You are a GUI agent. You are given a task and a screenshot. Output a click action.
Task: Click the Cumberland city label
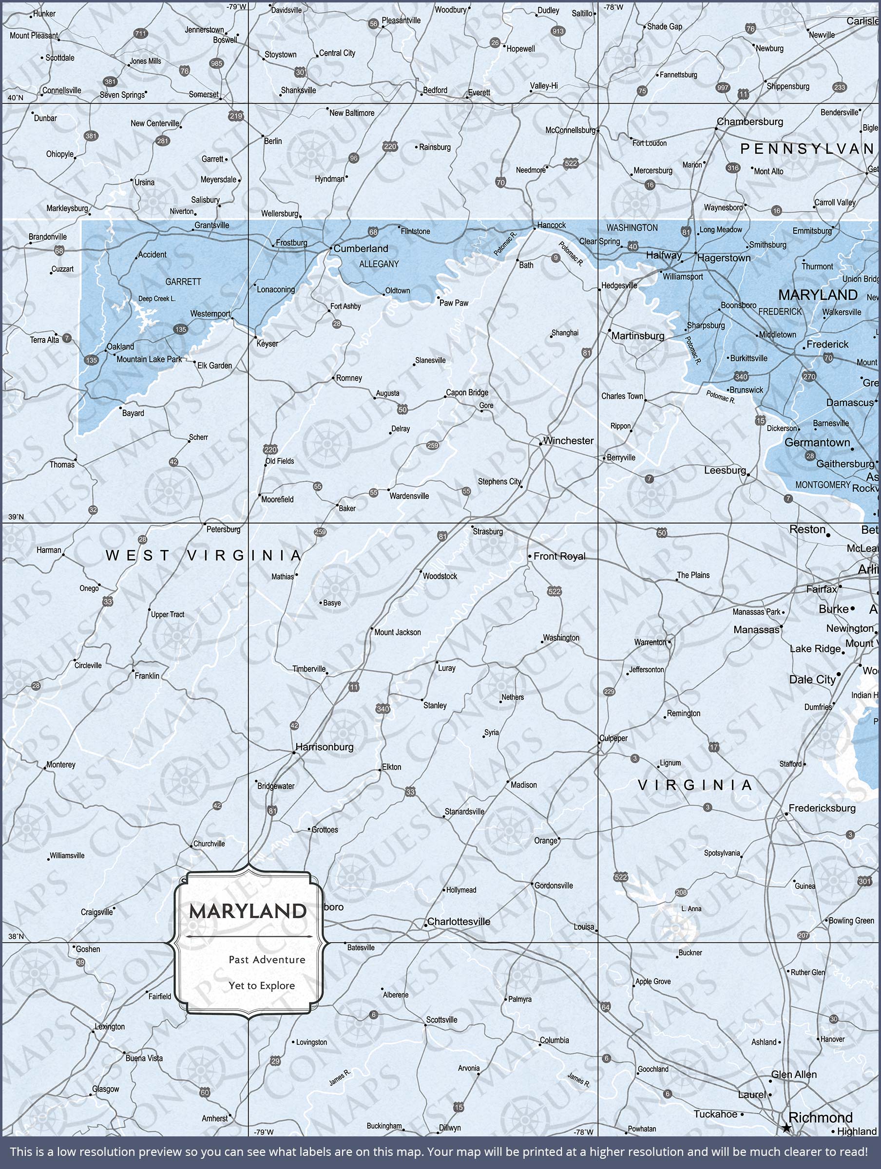pos(361,248)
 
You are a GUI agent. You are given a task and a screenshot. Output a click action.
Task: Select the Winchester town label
pos(568,440)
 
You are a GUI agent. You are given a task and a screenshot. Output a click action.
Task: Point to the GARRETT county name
pos(183,282)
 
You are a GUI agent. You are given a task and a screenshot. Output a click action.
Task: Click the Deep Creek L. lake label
pos(156,299)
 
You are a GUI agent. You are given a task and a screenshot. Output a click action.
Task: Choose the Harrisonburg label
pos(324,747)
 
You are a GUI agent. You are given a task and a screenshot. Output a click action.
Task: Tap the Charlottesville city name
pos(459,921)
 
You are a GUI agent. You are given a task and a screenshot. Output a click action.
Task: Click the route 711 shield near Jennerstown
pos(140,33)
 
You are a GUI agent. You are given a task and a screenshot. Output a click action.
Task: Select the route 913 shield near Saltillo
pos(558,31)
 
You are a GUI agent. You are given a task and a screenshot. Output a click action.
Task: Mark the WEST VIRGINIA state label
pos(204,555)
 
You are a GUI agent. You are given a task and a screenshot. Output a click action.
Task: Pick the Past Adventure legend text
pos(267,959)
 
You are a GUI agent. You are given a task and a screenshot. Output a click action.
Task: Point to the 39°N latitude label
pos(16,517)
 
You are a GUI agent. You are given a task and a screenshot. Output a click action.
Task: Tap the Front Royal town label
pos(559,556)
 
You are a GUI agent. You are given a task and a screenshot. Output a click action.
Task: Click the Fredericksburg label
pos(822,808)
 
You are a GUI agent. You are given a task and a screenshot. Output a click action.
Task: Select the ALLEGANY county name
pos(379,264)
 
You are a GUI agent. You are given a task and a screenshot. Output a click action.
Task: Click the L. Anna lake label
pos(691,908)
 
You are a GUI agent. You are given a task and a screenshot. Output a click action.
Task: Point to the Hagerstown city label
pos(724,258)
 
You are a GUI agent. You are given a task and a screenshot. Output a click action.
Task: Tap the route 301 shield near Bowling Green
pos(865,881)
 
